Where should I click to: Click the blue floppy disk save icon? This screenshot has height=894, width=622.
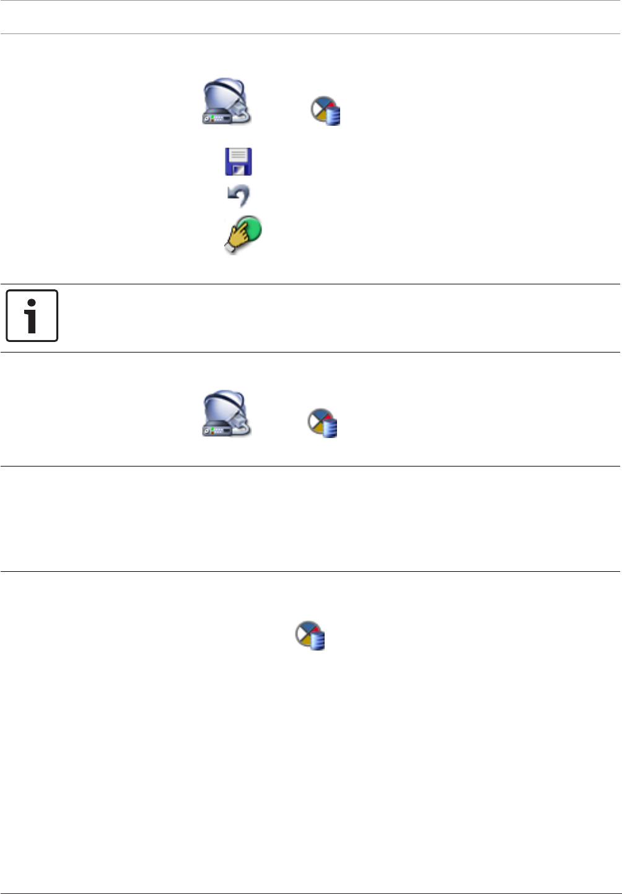coord(238,161)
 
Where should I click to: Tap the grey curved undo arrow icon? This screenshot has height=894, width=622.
coord(239,196)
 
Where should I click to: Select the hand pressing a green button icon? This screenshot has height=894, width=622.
coord(242,235)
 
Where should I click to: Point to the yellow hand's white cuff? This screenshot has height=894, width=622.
coord(229,248)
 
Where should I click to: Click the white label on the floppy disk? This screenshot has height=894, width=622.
coord(238,155)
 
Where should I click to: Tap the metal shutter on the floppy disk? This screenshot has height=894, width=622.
coord(239,169)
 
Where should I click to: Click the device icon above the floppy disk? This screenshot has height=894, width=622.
coord(227,102)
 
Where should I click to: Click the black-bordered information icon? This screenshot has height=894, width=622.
coord(32,316)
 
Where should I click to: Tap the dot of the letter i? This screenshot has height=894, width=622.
coord(31,303)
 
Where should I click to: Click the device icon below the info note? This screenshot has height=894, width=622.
coord(227,414)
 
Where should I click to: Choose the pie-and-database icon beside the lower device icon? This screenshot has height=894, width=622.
coord(323,423)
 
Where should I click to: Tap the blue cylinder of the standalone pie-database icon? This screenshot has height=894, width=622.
coord(318,641)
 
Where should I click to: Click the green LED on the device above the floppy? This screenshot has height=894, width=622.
coord(212,116)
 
